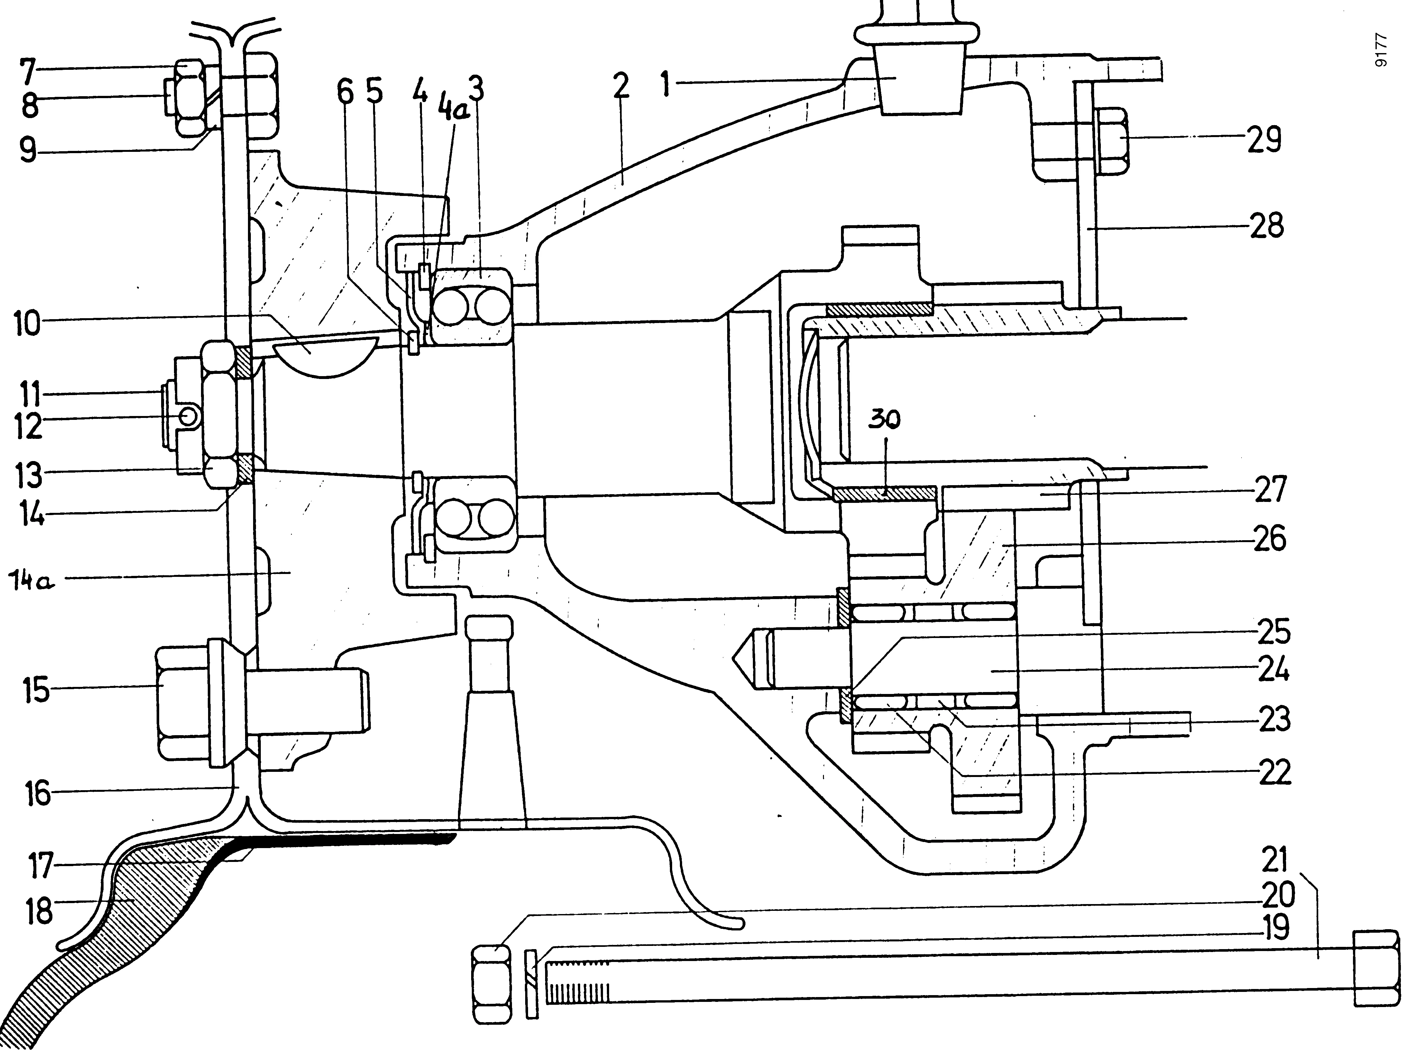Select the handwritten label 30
point(884,420)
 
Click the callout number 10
point(27,325)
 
